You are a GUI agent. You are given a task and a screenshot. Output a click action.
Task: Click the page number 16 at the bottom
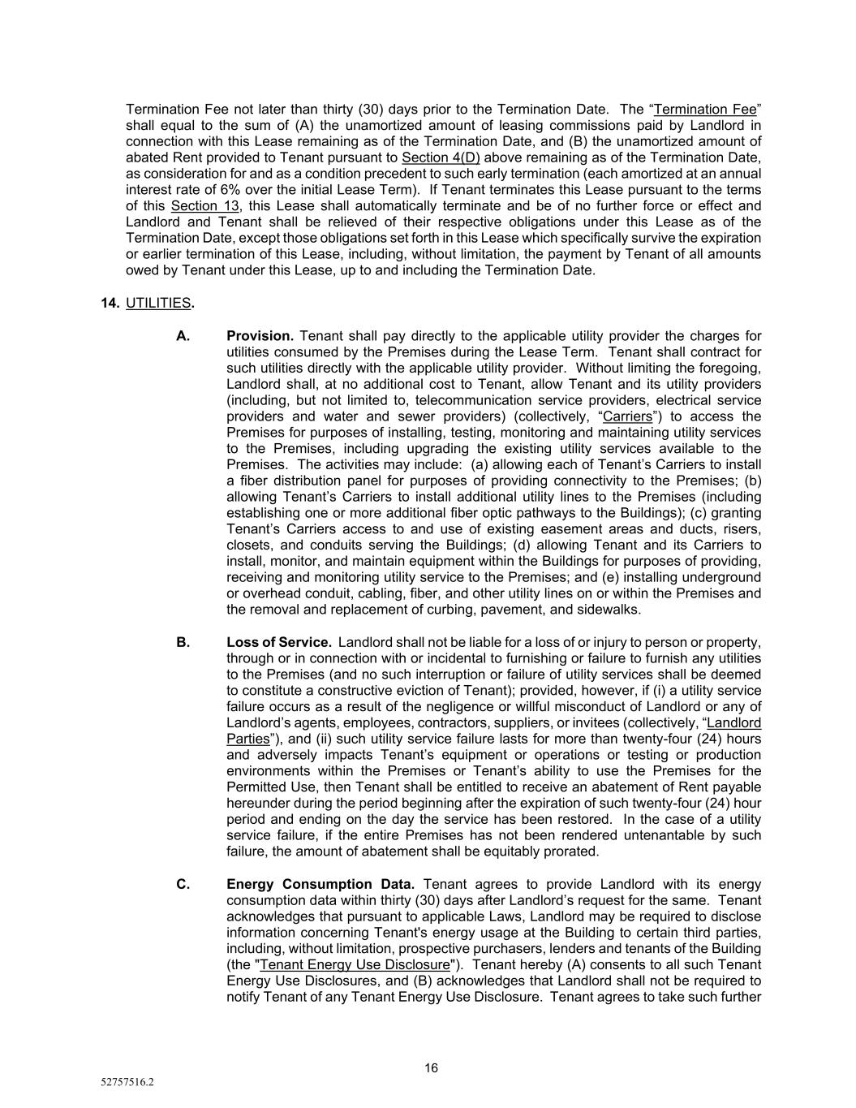pyautogui.click(x=431, y=1068)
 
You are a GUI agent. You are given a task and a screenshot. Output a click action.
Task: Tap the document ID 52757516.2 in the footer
pyautogui.click(x=127, y=1083)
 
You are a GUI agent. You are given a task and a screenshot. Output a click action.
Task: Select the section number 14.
pyautogui.click(x=110, y=303)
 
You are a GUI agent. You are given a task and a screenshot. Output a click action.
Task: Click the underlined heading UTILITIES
pyautogui.click(x=158, y=303)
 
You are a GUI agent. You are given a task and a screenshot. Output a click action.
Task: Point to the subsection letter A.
pyautogui.click(x=183, y=336)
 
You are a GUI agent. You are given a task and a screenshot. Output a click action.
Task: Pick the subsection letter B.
pyautogui.click(x=183, y=643)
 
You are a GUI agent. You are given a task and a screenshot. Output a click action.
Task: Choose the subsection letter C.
pyautogui.click(x=183, y=885)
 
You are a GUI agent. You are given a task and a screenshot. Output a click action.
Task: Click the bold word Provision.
pyautogui.click(x=260, y=336)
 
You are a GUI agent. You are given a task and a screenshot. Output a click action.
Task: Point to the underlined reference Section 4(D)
pyautogui.click(x=441, y=157)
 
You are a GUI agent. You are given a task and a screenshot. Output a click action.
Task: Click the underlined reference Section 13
pyautogui.click(x=205, y=206)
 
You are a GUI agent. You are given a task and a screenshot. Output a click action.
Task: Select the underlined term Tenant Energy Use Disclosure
pyautogui.click(x=355, y=965)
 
